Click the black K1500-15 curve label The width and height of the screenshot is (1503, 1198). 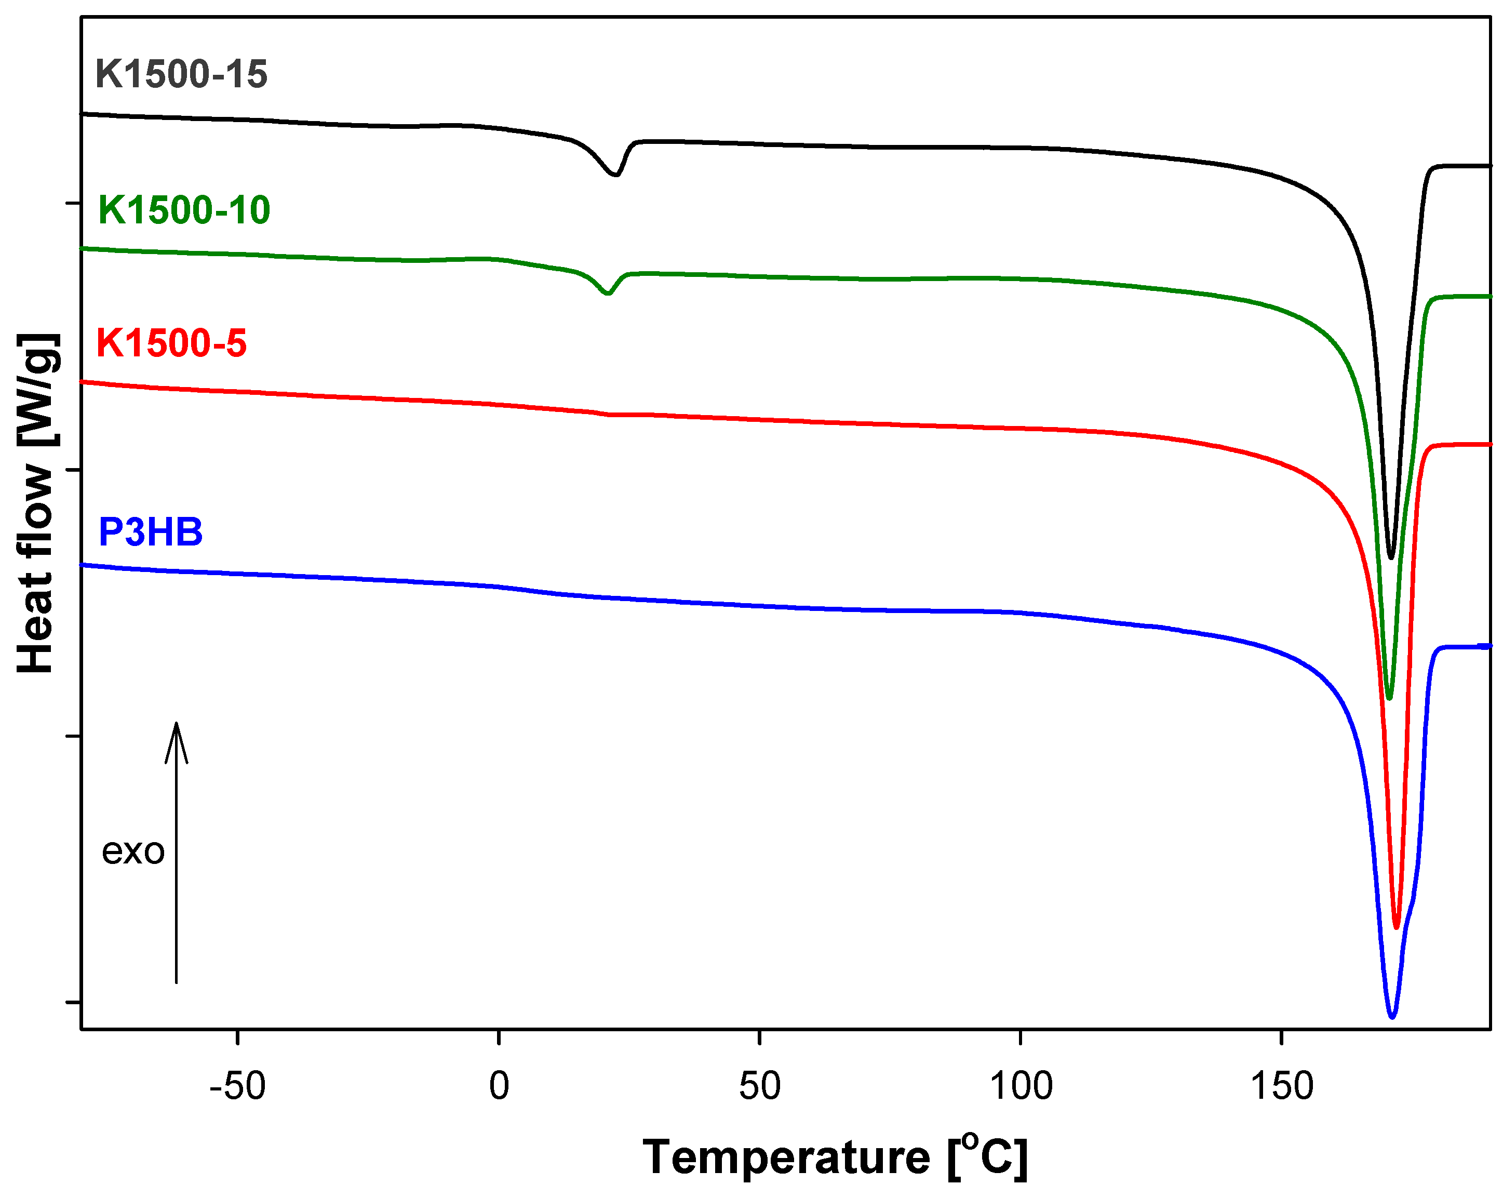[181, 75]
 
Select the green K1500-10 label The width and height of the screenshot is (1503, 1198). [184, 210]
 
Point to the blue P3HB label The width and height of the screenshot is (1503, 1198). [151, 532]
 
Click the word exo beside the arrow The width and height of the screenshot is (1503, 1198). [133, 851]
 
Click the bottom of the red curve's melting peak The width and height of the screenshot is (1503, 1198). [1397, 927]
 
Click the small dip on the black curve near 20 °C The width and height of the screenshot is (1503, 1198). [615, 175]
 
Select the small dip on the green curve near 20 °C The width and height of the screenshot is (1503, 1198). [608, 294]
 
